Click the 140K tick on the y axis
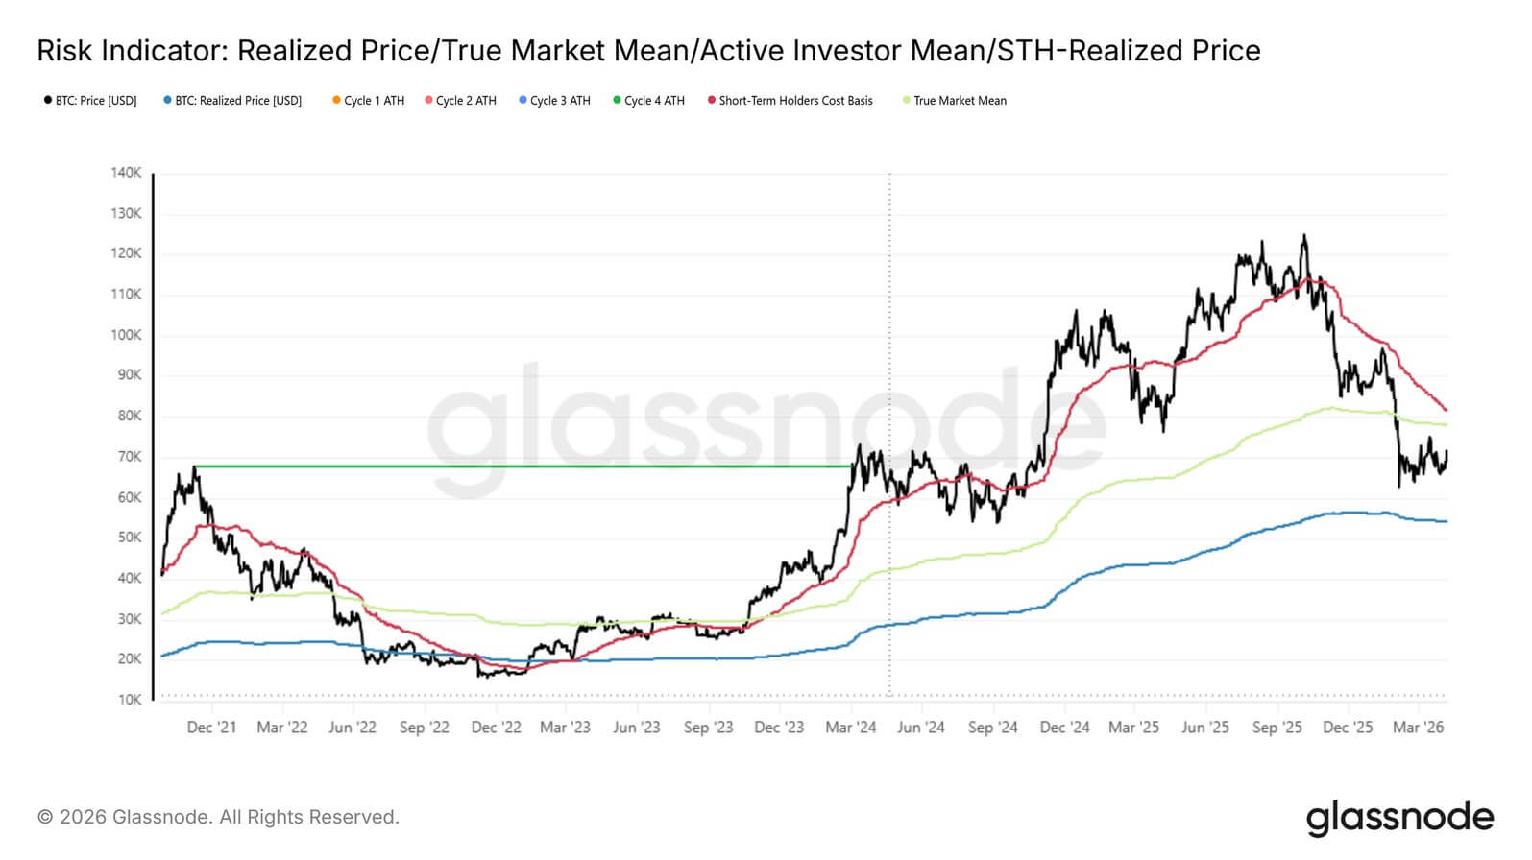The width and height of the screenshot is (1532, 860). tap(126, 173)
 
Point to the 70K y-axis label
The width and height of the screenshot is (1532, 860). tap(130, 457)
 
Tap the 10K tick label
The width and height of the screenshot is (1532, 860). tap(130, 700)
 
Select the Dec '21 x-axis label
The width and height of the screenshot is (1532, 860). tap(211, 728)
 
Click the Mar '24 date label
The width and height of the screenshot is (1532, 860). tap(850, 728)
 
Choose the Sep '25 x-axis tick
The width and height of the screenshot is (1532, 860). tap(1277, 728)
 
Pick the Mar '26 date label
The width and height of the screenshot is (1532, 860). tap(1418, 728)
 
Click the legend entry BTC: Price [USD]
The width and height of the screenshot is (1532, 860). tap(90, 100)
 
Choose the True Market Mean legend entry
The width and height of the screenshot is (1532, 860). tap(955, 100)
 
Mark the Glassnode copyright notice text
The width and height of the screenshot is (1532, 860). tap(218, 817)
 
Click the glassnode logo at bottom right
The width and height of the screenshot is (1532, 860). tap(1399, 818)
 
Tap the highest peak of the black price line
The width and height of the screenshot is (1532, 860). tap(1303, 235)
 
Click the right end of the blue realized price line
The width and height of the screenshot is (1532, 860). tap(1446, 521)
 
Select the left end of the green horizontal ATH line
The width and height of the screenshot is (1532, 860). tap(196, 466)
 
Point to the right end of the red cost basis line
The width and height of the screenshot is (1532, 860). tap(1446, 410)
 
